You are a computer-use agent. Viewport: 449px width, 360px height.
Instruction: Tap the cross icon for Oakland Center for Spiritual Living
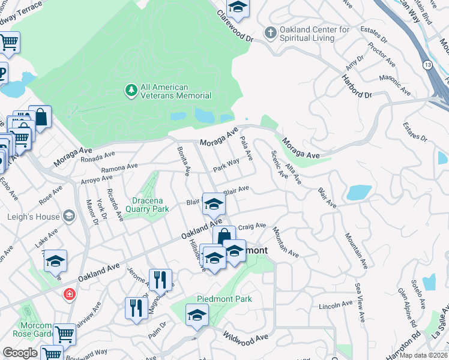click(x=271, y=33)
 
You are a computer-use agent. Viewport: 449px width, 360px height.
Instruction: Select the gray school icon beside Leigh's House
click(x=69, y=217)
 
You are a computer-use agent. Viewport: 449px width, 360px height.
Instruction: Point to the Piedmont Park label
click(x=224, y=299)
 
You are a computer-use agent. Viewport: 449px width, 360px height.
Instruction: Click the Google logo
click(x=20, y=353)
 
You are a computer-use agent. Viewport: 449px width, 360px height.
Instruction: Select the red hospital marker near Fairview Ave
click(x=70, y=294)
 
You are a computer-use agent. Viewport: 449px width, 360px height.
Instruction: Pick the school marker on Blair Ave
click(x=213, y=204)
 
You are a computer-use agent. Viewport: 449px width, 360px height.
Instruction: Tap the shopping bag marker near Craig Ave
click(x=224, y=236)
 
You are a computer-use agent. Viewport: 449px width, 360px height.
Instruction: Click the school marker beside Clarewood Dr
click(x=238, y=7)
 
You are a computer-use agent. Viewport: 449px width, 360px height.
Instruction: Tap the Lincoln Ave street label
click(x=336, y=307)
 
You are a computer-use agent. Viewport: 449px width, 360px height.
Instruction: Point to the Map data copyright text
click(x=424, y=355)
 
